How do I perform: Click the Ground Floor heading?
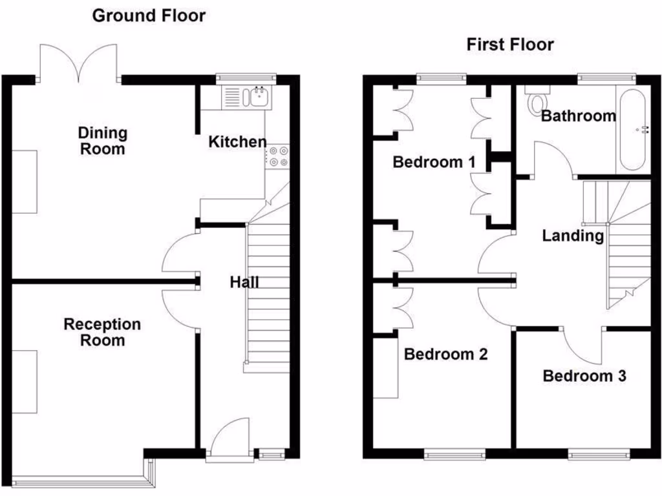tap(149, 15)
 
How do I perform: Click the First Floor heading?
tap(510, 45)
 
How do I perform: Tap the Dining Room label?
tap(103, 141)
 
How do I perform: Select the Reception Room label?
tap(102, 332)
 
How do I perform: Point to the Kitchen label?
tap(237, 141)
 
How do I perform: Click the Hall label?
tap(245, 282)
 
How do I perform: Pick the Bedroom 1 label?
tap(434, 161)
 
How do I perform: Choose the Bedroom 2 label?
tap(445, 354)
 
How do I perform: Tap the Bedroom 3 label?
tap(584, 375)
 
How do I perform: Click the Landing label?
tap(573, 236)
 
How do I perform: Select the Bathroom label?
tap(578, 116)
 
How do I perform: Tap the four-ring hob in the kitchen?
tap(279, 156)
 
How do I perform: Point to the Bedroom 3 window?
tap(598, 455)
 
